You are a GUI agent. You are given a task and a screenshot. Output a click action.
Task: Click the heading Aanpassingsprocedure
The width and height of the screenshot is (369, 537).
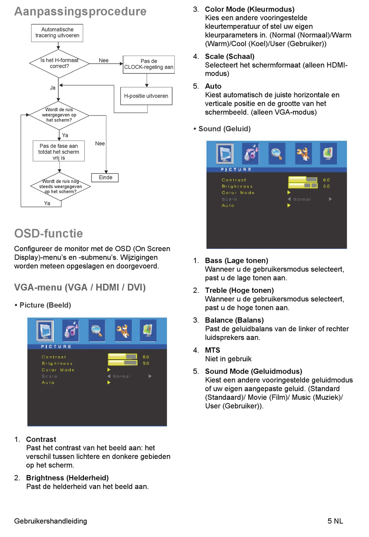(x=80, y=12)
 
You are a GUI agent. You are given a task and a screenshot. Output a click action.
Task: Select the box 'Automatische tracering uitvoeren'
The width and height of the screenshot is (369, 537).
(x=57, y=33)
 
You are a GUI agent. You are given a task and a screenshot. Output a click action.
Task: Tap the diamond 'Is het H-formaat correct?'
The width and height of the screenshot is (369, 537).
(x=59, y=63)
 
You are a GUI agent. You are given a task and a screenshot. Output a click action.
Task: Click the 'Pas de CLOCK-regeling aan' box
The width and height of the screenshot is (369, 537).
(x=148, y=64)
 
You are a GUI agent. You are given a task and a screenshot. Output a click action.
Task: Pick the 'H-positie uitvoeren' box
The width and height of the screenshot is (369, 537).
(x=146, y=96)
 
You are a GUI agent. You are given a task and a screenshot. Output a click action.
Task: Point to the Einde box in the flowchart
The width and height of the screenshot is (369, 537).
(x=105, y=177)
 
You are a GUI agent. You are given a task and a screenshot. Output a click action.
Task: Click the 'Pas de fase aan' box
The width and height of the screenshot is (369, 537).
(x=59, y=151)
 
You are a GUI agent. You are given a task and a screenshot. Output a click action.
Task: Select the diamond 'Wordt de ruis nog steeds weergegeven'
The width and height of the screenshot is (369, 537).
(x=60, y=186)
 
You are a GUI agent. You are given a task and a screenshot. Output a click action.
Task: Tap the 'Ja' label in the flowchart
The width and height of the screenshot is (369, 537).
(x=53, y=88)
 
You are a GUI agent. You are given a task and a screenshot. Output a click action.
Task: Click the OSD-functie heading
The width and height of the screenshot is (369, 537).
(x=49, y=233)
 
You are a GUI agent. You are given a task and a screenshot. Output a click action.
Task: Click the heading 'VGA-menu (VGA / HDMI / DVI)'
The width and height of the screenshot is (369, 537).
(x=80, y=287)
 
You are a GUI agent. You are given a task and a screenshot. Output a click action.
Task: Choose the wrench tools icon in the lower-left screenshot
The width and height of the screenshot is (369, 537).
(x=123, y=331)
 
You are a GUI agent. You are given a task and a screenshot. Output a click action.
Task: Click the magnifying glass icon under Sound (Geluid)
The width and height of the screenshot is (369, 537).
(x=277, y=154)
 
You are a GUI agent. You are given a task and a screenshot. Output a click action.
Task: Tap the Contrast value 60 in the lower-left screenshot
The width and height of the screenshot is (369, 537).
(x=146, y=357)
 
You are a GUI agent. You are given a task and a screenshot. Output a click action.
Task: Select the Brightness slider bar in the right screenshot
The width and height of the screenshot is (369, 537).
(x=303, y=186)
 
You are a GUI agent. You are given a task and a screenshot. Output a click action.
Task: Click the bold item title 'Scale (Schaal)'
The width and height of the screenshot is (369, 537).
(x=230, y=56)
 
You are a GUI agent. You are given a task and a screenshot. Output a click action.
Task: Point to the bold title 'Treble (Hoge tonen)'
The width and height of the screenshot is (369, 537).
(x=239, y=290)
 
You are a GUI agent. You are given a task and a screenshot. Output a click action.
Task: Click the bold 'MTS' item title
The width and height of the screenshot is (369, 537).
(x=212, y=350)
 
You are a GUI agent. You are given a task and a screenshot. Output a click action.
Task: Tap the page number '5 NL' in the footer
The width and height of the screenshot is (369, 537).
(x=335, y=521)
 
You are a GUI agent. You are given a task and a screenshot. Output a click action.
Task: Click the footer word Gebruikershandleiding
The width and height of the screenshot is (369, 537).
(x=50, y=521)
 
